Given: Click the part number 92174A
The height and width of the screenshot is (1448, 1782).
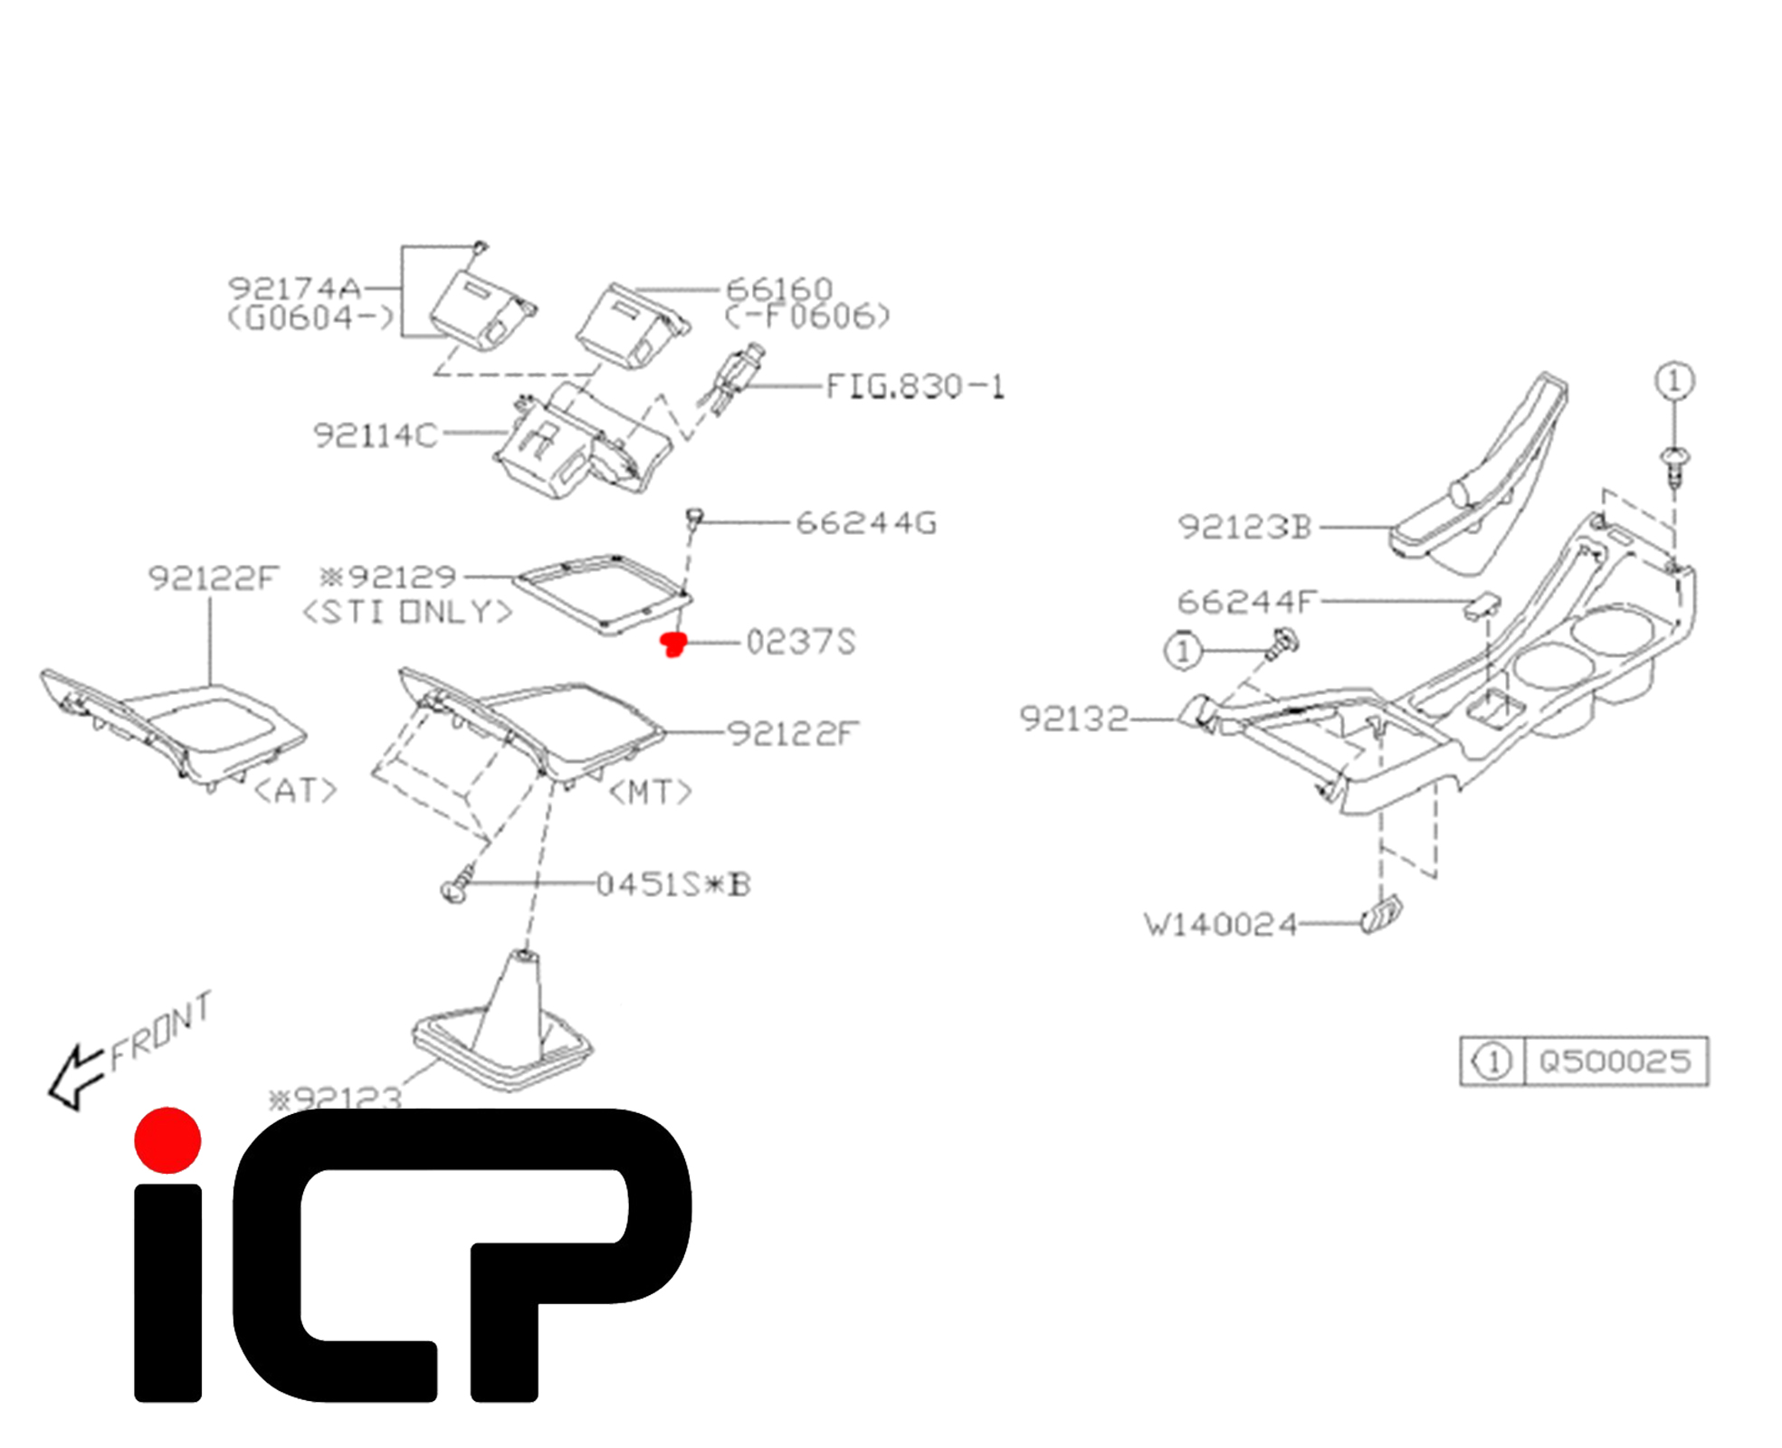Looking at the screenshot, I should (x=294, y=289).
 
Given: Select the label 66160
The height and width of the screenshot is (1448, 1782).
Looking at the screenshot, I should (x=779, y=290).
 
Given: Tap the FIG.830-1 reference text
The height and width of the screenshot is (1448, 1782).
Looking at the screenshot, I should (x=915, y=387).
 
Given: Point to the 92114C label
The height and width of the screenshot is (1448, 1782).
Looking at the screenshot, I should (x=375, y=436).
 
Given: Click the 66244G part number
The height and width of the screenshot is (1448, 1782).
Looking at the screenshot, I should (x=866, y=523).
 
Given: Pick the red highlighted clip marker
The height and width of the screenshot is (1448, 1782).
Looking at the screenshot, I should (x=673, y=643).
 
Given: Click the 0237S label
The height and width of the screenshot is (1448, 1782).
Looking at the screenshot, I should (x=801, y=643).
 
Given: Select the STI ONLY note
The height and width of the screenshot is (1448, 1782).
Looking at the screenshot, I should (x=407, y=613).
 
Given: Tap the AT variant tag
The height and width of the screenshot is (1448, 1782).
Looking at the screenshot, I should (x=296, y=792).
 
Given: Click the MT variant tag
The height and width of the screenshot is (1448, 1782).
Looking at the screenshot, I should (x=650, y=794).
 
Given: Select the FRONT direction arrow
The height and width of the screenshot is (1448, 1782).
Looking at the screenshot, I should (x=74, y=1077).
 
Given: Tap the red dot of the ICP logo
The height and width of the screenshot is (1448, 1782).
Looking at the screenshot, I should (x=167, y=1140).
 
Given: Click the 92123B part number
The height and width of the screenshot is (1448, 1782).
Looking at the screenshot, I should (x=1244, y=528).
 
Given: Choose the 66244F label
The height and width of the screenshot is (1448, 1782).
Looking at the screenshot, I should (x=1246, y=602).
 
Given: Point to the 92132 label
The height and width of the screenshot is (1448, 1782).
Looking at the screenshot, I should (x=1074, y=719).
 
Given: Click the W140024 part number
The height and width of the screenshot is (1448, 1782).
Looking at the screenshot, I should (x=1220, y=925).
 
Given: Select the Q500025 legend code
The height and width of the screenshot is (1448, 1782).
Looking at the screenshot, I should (x=1615, y=1061).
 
